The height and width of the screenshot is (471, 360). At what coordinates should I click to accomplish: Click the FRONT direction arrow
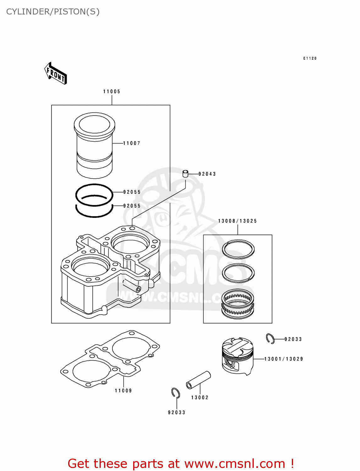[56, 73]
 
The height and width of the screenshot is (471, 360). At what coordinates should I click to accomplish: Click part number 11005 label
[112, 91]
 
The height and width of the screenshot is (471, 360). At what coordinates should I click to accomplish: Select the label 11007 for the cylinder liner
[132, 143]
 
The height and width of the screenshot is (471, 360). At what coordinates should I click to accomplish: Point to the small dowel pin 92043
[185, 174]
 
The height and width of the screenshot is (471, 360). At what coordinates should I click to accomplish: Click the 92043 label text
[207, 174]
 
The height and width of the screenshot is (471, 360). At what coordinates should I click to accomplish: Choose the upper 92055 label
[132, 192]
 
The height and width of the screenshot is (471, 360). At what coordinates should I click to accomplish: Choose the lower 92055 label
[132, 206]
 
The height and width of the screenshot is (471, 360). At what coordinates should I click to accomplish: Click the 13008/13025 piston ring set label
[237, 221]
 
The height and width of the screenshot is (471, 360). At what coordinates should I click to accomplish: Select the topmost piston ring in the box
[238, 249]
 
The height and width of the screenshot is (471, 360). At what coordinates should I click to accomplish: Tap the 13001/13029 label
[284, 359]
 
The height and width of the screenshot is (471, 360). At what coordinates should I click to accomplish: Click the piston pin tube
[198, 380]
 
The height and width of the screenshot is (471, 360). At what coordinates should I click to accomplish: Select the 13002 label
[200, 398]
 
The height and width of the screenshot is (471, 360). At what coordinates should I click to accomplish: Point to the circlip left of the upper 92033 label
[270, 338]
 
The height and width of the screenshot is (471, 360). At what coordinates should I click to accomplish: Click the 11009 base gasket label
[123, 391]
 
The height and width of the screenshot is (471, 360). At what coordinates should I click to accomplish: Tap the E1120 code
[310, 58]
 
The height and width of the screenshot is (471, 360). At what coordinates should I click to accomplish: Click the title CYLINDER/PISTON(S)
[53, 12]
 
